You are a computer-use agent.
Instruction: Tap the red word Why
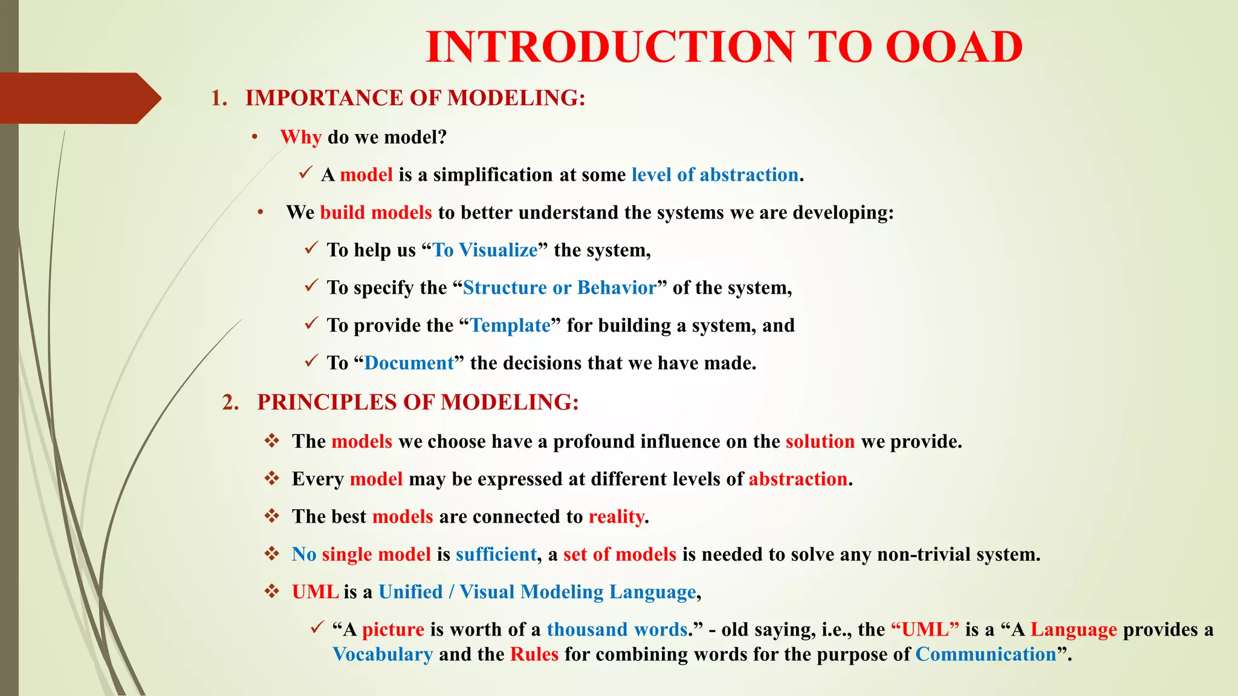click(300, 137)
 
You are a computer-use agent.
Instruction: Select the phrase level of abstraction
click(715, 175)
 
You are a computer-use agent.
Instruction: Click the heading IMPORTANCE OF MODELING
click(415, 98)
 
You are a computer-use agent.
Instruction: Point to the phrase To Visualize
click(485, 250)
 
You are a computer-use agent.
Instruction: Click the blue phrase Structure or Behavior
click(559, 288)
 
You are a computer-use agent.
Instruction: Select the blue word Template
click(510, 326)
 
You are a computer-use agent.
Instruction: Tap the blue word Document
click(409, 363)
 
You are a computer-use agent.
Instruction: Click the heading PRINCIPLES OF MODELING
click(418, 402)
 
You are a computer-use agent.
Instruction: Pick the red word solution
click(820, 442)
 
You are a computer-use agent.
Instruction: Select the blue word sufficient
click(496, 555)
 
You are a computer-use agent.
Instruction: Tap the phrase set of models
click(620, 555)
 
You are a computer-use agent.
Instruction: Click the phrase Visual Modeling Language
click(578, 592)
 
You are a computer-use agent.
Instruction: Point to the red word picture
click(393, 630)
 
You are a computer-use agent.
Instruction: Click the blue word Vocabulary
click(383, 654)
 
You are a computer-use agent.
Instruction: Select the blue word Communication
click(985, 654)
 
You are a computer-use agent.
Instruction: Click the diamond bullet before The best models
click(271, 516)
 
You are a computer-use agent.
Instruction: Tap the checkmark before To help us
click(311, 248)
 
